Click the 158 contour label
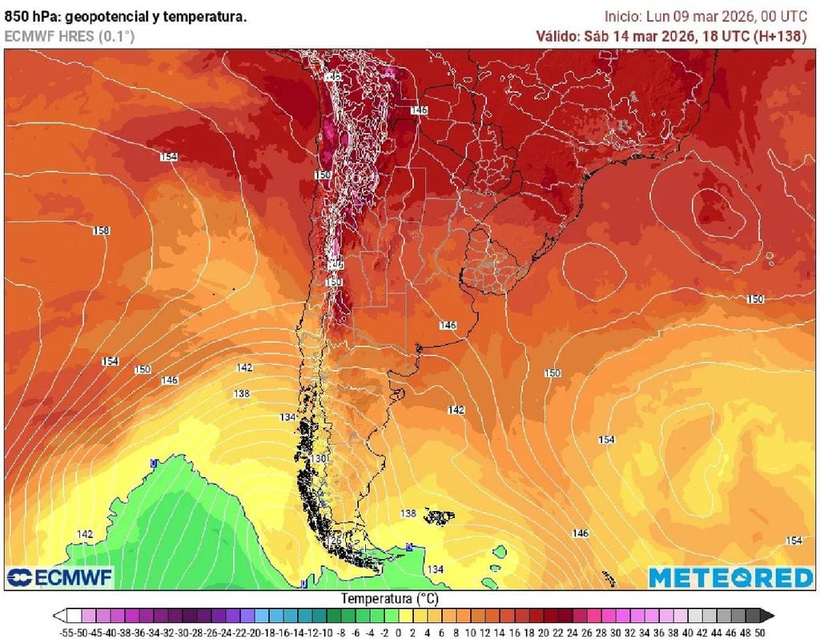pyautogui.click(x=101, y=231)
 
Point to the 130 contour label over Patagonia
pyautogui.click(x=320, y=458)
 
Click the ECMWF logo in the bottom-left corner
pyautogui.click(x=60, y=577)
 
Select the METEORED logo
pyautogui.click(x=730, y=577)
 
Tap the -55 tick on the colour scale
pyautogui.click(x=67, y=632)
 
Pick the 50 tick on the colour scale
pyautogui.click(x=767, y=632)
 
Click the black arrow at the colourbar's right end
pyautogui.click(x=767, y=616)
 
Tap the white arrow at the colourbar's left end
pyautogui.click(x=60, y=616)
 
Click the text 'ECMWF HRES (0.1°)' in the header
pyautogui.click(x=70, y=36)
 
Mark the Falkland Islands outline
pyautogui.click(x=437, y=517)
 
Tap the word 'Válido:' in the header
pyautogui.click(x=557, y=36)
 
